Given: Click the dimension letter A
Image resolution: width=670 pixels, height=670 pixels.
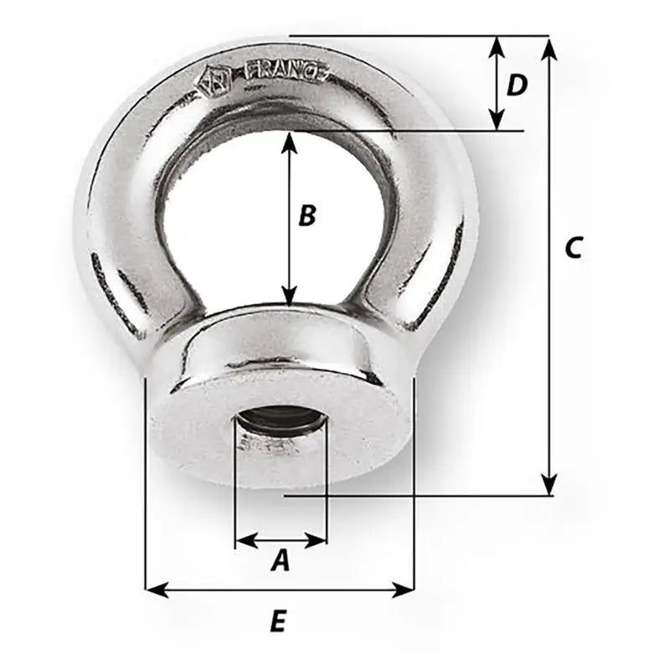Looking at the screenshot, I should tap(281, 560).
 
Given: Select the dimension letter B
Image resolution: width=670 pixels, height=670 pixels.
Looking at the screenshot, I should tap(307, 216).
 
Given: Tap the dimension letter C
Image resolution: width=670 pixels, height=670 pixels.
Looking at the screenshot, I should tap(573, 248).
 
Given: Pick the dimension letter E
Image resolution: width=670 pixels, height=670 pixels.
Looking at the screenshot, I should tap(279, 621).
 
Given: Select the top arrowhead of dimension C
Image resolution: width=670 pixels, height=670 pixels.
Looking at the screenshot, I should tap(549, 47).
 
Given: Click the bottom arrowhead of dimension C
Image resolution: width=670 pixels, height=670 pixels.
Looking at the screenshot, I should tap(549, 484).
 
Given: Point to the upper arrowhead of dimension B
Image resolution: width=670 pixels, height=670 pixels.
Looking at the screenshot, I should tap(289, 142).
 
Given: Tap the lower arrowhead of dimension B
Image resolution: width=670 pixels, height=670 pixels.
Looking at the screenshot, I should tap(289, 295).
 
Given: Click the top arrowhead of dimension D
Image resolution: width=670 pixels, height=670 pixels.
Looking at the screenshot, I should tap(497, 46).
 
